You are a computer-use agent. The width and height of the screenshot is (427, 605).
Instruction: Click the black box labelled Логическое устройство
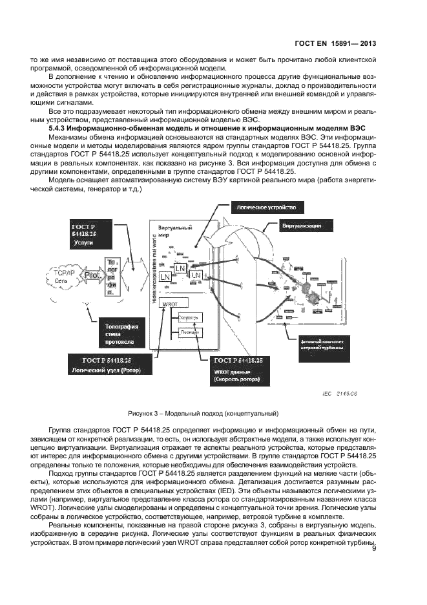point(267,207)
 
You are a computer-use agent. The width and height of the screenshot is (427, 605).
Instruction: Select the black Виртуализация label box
point(306,226)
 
